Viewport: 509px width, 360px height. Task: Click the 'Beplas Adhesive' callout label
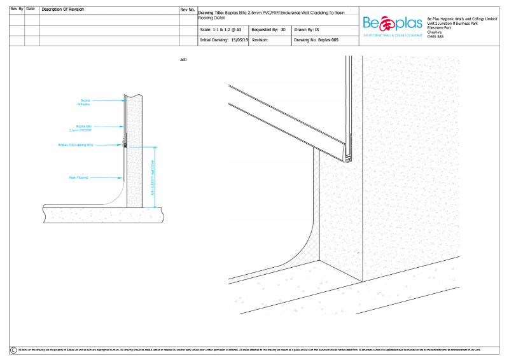84,101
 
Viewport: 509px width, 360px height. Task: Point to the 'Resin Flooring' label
78,177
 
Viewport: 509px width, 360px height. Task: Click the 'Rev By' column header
17,10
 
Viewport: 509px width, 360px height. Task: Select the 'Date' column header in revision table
31,10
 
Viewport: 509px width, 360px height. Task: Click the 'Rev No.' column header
188,10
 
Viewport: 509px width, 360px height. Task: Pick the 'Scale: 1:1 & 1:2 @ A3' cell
220,29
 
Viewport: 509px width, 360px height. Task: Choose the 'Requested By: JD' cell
269,29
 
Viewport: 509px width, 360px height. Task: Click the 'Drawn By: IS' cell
308,29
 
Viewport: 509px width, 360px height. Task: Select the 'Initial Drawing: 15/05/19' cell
223,39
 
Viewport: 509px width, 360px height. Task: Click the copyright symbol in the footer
13,350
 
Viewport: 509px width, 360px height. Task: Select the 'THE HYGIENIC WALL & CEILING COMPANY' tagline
392,35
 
